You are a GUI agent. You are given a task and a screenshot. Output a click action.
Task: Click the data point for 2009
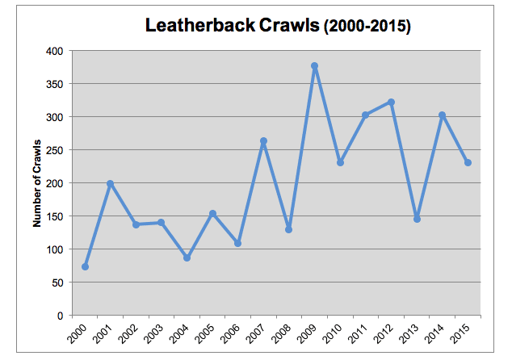click(314, 66)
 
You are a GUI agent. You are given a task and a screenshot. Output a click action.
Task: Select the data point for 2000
click(86, 266)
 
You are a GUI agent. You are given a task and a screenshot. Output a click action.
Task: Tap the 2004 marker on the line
click(187, 257)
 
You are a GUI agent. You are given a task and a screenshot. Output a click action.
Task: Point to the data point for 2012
click(391, 103)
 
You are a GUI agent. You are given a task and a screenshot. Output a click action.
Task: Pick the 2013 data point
click(417, 219)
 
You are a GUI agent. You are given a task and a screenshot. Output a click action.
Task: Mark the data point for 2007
click(263, 141)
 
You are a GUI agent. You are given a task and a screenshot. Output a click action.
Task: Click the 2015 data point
click(468, 162)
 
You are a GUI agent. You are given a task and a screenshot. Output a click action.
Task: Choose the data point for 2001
click(111, 184)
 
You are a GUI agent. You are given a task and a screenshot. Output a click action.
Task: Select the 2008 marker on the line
click(288, 229)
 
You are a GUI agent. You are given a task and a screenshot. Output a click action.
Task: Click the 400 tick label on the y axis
click(55, 51)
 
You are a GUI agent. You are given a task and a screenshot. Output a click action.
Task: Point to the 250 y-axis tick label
click(55, 150)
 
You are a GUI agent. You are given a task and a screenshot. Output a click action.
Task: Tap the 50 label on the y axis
click(57, 283)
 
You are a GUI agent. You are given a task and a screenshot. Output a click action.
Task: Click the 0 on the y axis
click(60, 316)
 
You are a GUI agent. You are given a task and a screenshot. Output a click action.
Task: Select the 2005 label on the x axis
click(204, 334)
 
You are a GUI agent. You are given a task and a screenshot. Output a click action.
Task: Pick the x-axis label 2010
click(332, 334)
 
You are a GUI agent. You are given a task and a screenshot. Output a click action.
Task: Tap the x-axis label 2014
click(434, 334)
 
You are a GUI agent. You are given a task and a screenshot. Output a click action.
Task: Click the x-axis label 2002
click(128, 334)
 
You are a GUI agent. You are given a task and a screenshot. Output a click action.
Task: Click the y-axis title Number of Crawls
click(37, 183)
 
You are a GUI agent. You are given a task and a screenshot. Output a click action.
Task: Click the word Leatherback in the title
click(200, 25)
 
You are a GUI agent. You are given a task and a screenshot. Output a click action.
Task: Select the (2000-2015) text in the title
click(367, 26)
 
